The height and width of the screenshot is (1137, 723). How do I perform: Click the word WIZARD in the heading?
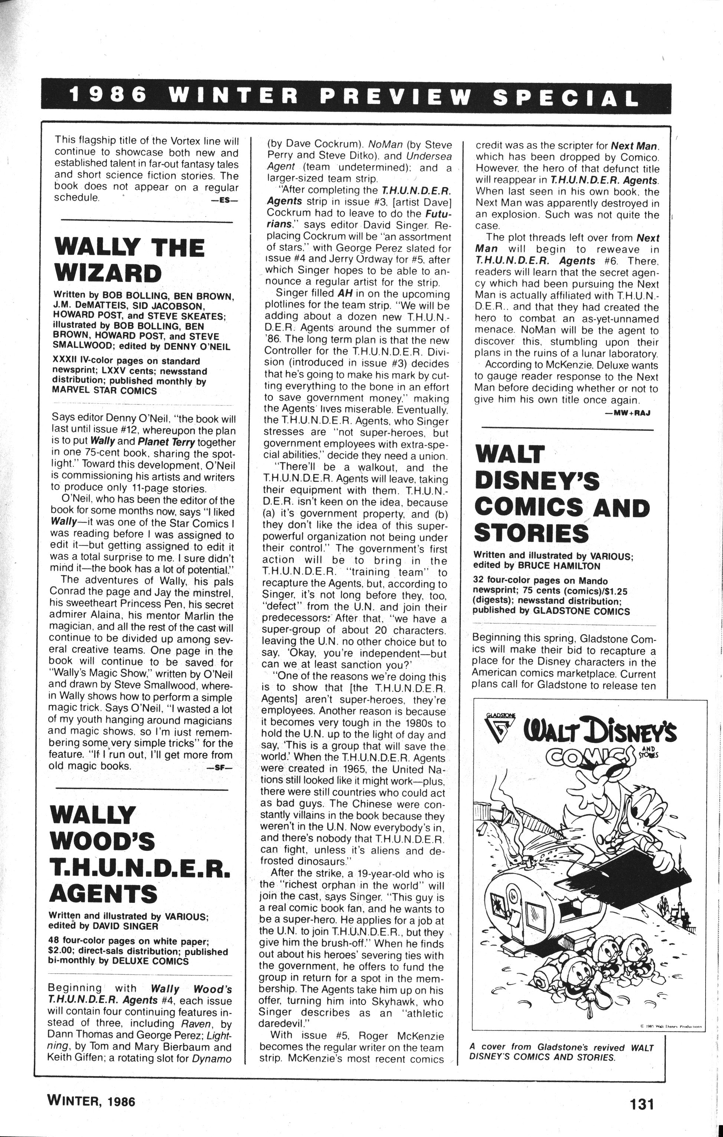pyautogui.click(x=108, y=274)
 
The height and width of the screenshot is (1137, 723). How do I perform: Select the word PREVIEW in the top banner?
pyautogui.click(x=395, y=97)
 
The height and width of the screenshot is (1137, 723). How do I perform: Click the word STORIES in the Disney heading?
pyautogui.click(x=531, y=534)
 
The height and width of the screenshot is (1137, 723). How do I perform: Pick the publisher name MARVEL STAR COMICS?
pyautogui.click(x=104, y=391)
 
